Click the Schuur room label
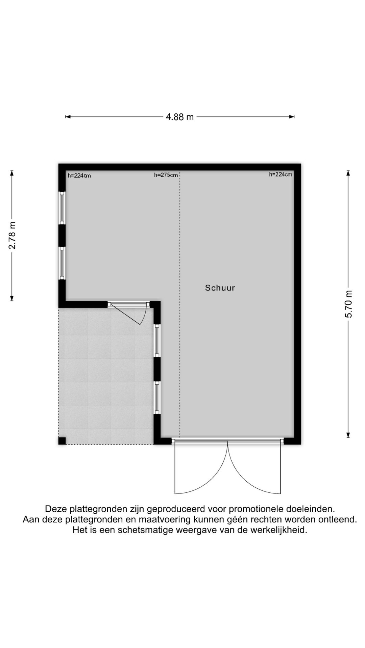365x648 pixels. [220, 288]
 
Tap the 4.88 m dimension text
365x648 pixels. [179, 117]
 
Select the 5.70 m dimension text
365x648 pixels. [349, 304]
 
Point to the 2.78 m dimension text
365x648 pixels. [12, 235]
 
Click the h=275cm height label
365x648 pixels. [166, 175]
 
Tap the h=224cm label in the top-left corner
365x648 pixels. [79, 175]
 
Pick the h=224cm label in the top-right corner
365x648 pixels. [281, 174]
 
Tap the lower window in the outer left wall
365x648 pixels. [62, 263]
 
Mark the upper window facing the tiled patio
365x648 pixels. [157, 340]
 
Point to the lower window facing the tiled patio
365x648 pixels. [157, 397]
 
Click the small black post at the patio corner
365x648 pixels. [62, 441]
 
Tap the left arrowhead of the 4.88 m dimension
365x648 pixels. [67, 117]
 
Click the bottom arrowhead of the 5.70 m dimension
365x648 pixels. [348, 435]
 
